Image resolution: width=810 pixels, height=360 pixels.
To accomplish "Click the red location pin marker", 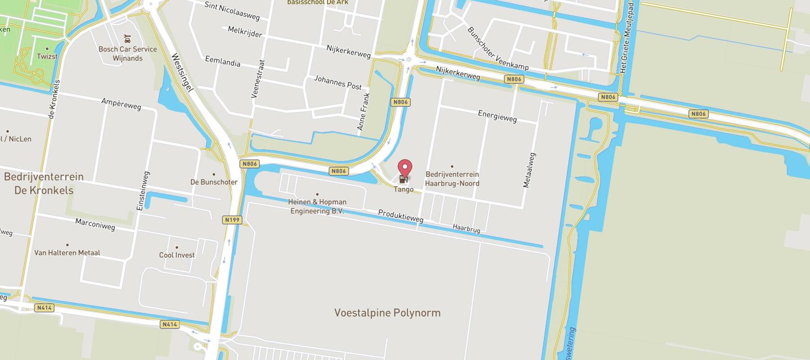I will pos(405,168).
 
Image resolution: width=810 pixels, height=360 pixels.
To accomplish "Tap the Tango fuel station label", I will pos(404,189).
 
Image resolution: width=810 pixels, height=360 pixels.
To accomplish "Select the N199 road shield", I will pos(232,220).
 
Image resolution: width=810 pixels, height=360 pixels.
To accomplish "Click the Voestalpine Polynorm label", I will pos(387,313).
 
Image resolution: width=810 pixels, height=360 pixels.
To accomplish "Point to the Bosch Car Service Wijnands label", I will pos(128,54).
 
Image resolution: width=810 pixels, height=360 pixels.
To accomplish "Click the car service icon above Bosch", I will pos(128,39).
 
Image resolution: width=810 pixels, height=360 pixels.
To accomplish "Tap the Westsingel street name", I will pos(183,72).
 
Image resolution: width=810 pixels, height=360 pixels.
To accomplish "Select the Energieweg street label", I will pos(497,116).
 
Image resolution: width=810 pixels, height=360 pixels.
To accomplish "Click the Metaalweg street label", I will pos(530,170).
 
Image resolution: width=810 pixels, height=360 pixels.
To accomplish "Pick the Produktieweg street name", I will pos(400,216).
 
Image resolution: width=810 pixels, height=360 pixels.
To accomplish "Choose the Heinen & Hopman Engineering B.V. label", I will pos(317,206).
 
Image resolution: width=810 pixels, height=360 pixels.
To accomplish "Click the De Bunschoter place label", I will pos(214,182).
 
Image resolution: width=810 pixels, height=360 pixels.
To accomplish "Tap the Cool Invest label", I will pos(177,255).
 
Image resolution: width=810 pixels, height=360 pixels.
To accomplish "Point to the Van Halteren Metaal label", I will pos(67,252).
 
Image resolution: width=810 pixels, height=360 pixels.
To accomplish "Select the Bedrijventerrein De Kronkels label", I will pos(44,183).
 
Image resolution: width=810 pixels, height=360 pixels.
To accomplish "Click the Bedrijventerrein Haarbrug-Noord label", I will pos(452,179).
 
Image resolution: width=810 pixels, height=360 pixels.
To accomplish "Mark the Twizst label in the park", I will pos(47,56).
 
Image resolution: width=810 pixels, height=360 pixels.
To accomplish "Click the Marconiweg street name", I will pos(95,224).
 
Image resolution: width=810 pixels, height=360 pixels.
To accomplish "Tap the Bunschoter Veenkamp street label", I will pos(498,49).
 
